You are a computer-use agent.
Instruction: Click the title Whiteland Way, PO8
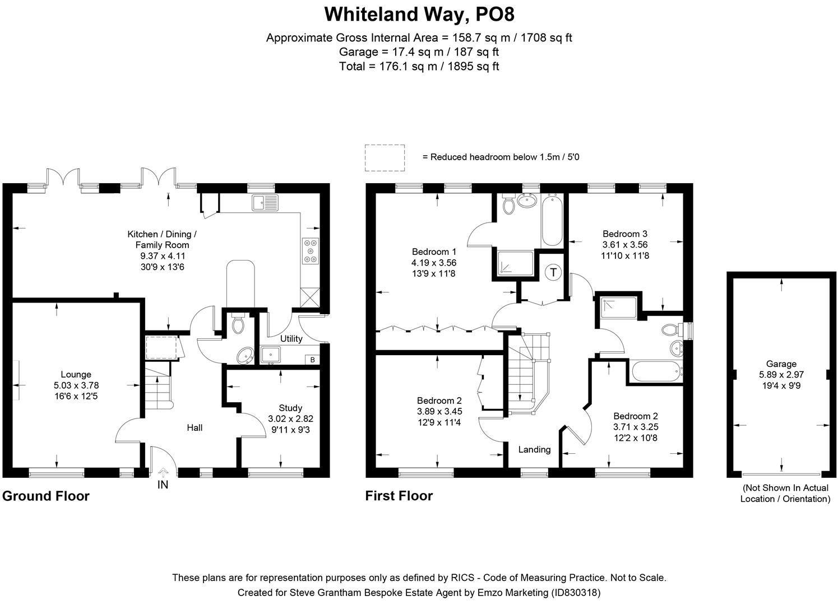[419, 14]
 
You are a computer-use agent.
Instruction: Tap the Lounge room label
[76, 374]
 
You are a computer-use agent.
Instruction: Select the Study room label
[290, 408]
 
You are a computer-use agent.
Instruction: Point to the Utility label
[291, 338]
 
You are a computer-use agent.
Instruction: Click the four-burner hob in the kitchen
[311, 251]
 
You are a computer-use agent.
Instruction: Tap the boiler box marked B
[312, 360]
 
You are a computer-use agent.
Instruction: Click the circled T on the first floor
[553, 273]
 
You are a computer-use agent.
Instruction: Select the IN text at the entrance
[163, 485]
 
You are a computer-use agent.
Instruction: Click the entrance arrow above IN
[163, 472]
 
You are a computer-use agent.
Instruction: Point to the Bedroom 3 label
[625, 234]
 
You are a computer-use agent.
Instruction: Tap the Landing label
[534, 449]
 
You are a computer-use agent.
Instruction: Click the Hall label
[195, 427]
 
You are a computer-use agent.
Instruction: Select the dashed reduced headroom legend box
[385, 157]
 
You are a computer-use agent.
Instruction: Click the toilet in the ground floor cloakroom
[238, 323]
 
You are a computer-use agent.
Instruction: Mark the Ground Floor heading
[46, 496]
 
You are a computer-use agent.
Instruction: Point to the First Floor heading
[399, 496]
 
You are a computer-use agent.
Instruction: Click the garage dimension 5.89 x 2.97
[781, 375]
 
